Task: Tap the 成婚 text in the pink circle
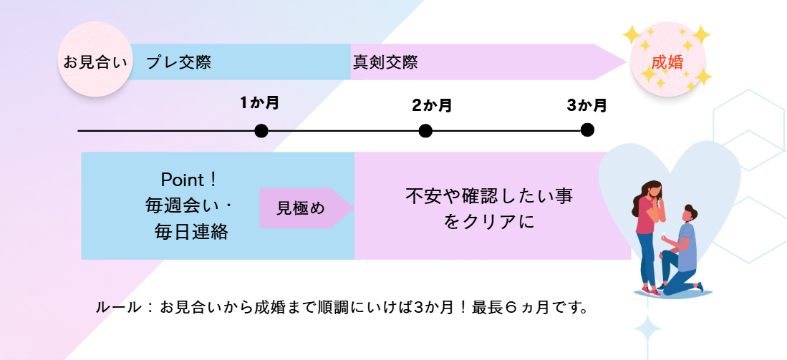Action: click(x=667, y=62)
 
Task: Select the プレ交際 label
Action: click(x=178, y=62)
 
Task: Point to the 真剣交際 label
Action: click(x=385, y=62)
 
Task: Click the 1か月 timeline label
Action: click(x=259, y=103)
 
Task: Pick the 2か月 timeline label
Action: click(x=432, y=106)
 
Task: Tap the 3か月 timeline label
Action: click(x=586, y=106)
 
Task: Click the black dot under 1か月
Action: click(x=261, y=131)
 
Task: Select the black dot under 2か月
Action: click(x=425, y=131)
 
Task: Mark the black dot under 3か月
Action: click(x=587, y=130)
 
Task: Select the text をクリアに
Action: click(x=489, y=222)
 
